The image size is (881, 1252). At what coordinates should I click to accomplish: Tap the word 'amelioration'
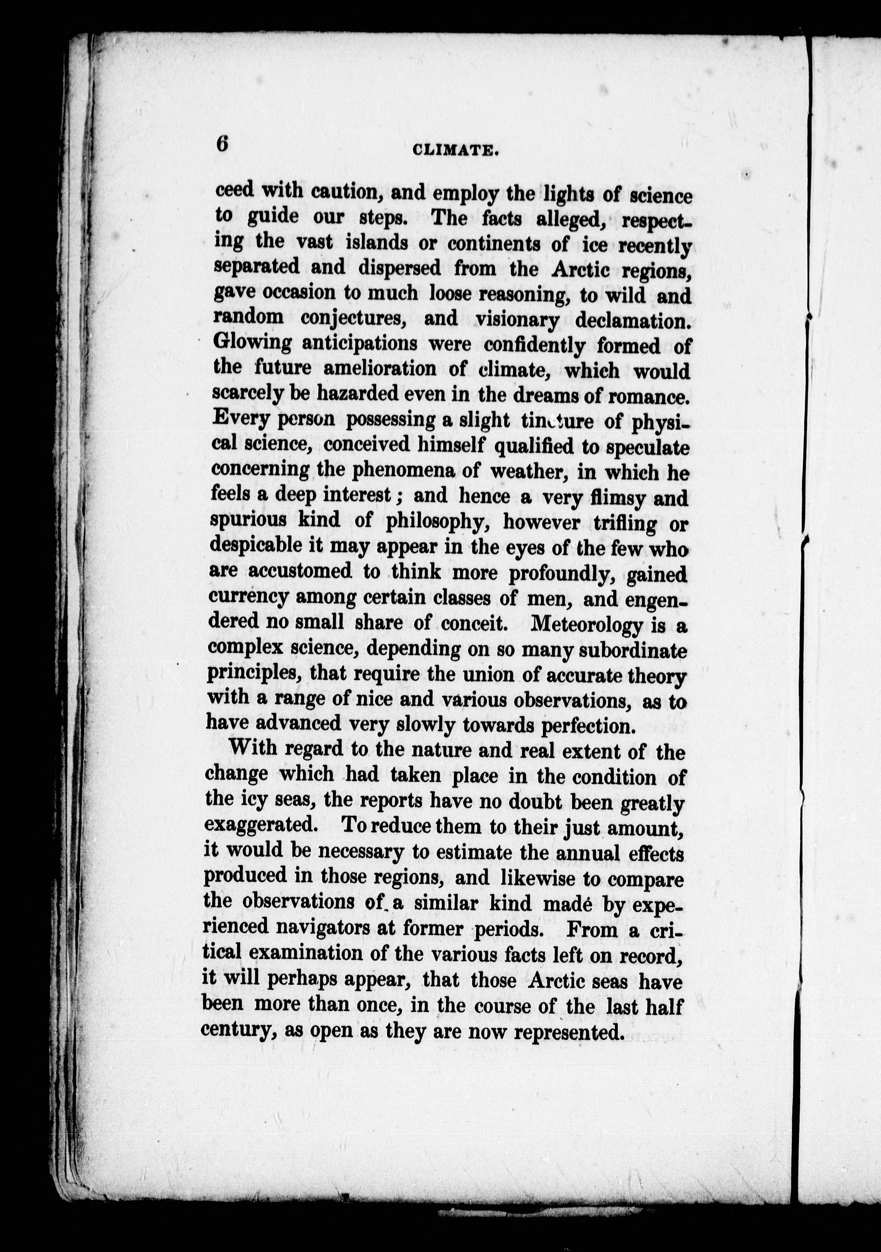[380, 368]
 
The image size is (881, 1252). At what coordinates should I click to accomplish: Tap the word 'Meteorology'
[587, 625]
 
